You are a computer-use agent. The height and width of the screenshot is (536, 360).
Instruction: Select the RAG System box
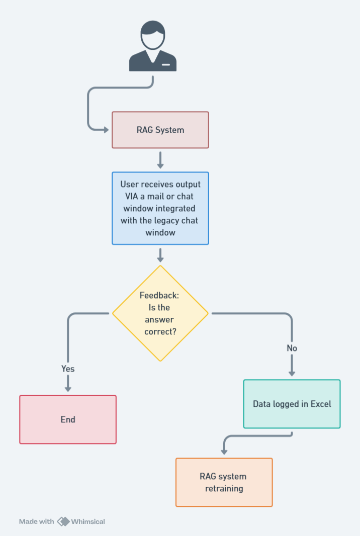[x=160, y=130]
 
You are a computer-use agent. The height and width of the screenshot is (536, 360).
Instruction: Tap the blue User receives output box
[x=160, y=208]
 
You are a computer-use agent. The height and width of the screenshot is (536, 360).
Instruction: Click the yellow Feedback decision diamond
[x=160, y=313]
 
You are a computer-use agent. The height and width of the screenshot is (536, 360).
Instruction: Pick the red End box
[x=68, y=419]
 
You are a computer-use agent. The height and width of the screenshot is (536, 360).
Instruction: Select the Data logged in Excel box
[x=292, y=404]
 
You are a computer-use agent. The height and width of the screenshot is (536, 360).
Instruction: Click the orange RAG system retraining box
[x=224, y=482]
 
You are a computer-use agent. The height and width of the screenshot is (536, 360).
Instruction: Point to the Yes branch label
[x=68, y=369]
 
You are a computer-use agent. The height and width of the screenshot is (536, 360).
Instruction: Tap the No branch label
[x=292, y=348]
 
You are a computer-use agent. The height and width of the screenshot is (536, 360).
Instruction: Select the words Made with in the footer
[x=36, y=521]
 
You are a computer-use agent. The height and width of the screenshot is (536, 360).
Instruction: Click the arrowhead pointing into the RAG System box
[x=106, y=130]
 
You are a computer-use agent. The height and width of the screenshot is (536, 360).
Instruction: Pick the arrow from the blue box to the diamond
[x=160, y=255]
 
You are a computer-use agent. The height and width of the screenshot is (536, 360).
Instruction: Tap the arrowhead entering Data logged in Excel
[x=292, y=374]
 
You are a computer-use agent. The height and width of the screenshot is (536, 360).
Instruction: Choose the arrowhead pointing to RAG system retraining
[x=224, y=452]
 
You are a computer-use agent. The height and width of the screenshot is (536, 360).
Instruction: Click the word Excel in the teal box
[x=321, y=404]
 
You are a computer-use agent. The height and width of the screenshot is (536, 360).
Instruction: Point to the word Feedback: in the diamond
[x=159, y=295]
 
